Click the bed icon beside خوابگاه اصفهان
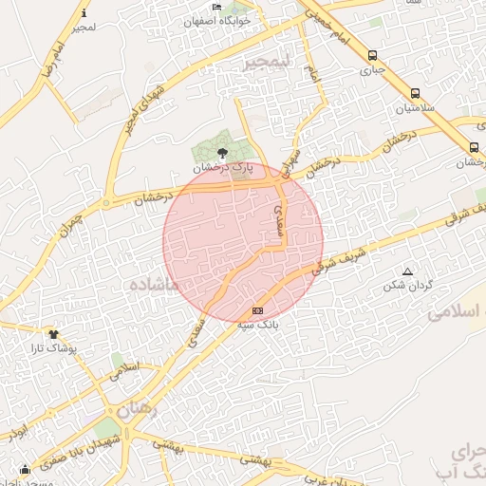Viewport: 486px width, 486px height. [217, 8]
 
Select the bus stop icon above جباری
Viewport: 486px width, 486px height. [372, 55]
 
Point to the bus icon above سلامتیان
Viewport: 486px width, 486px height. [416, 93]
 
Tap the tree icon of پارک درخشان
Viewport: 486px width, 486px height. [222, 152]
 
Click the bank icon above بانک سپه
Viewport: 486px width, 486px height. [257, 310]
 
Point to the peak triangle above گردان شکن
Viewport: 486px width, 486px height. [408, 271]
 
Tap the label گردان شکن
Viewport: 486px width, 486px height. [408, 285]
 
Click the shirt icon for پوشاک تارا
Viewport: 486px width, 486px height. [53, 333]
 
